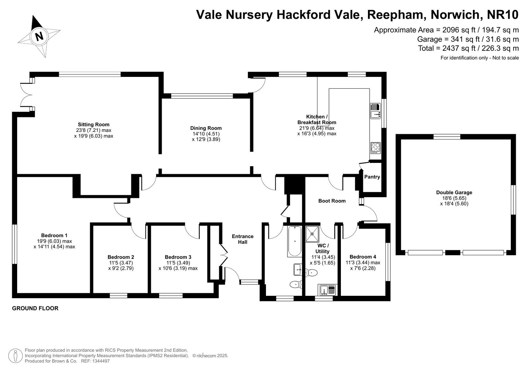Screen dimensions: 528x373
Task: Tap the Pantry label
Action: pyautogui.click(x=372, y=177)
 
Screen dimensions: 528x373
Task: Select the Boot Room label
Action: pyautogui.click(x=332, y=201)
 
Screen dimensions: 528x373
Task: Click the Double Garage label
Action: pyautogui.click(x=454, y=192)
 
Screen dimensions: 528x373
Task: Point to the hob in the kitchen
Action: pyautogui.click(x=376, y=148)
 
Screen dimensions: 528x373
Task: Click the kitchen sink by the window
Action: pyautogui.click(x=376, y=111)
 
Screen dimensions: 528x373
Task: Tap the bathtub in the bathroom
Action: pyautogui.click(x=294, y=241)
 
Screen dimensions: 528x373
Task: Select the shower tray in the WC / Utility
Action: pyautogui.click(x=312, y=234)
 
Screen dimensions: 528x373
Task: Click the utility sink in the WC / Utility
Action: pyautogui.click(x=327, y=290)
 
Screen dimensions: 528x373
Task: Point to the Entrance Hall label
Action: pyautogui.click(x=243, y=239)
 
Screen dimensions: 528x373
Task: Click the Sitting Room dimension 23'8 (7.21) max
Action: pyautogui.click(x=94, y=130)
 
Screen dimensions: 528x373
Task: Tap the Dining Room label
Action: pyautogui.click(x=206, y=128)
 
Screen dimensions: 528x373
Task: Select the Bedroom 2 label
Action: pyautogui.click(x=121, y=257)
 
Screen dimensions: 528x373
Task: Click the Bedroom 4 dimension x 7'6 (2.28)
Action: pyautogui.click(x=363, y=268)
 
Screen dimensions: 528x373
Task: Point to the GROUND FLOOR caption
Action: pyautogui.click(x=35, y=308)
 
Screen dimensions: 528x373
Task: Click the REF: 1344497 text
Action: pyautogui.click(x=95, y=361)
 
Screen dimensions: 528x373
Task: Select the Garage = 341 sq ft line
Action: pyautogui.click(x=468, y=39)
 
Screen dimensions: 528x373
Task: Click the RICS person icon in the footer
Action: pyautogui.click(x=15, y=356)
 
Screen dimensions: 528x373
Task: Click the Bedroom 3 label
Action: pyautogui.click(x=178, y=257)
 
